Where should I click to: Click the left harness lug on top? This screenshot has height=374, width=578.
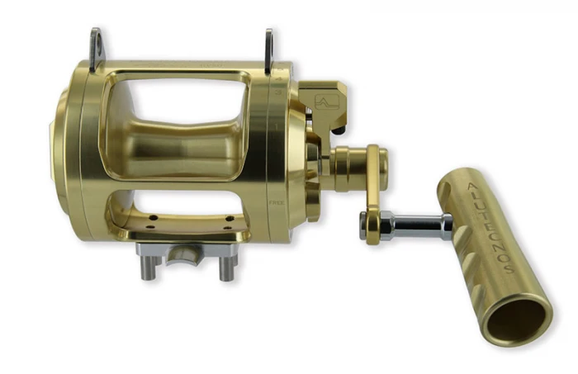[x=96, y=47]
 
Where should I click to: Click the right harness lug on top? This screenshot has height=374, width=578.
[x=268, y=48]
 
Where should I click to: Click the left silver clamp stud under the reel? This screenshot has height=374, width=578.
[x=150, y=266]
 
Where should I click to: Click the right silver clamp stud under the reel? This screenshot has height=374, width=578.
[x=225, y=266]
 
